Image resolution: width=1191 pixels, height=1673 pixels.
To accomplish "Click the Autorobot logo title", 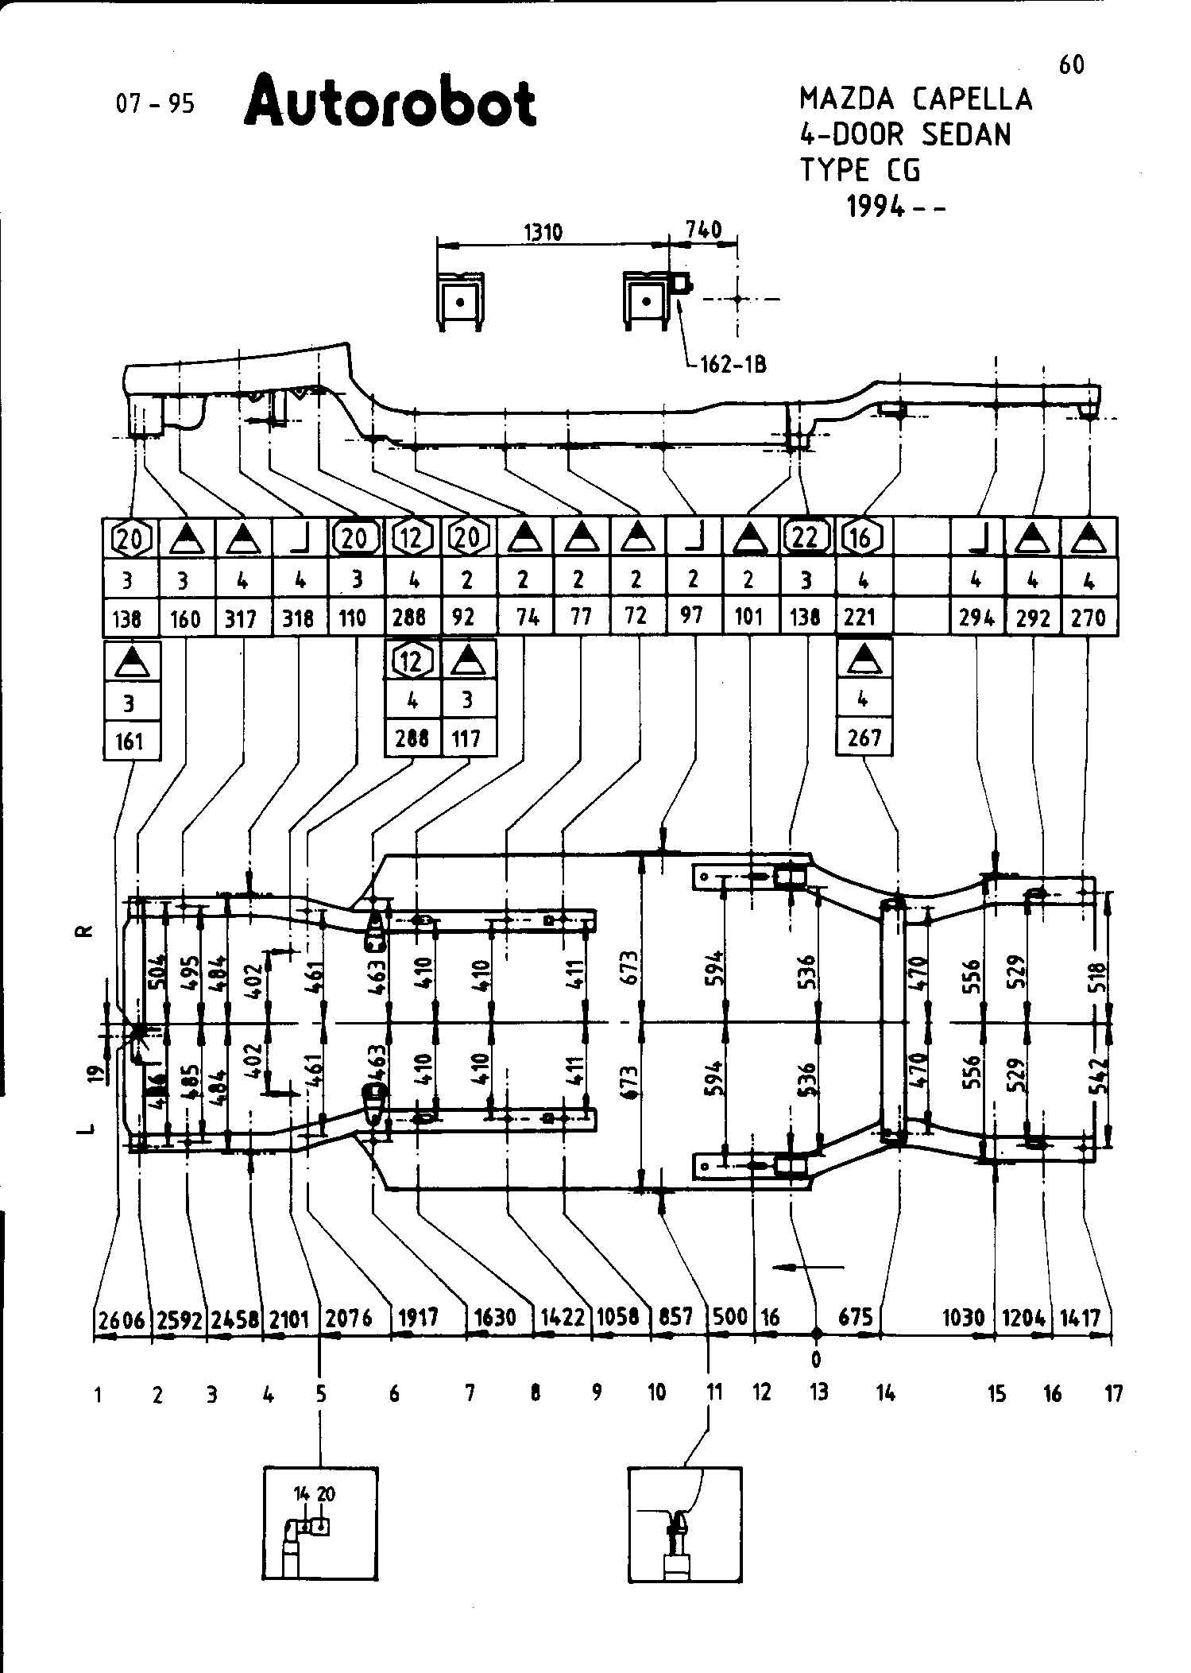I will click(x=390, y=101).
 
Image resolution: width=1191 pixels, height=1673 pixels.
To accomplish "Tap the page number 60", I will click(x=1072, y=64).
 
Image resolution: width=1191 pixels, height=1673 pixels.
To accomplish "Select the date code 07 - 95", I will click(x=155, y=104).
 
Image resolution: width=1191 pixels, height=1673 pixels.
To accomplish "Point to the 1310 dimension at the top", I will click(x=543, y=232).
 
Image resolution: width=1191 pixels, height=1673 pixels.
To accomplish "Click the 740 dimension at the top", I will click(x=703, y=230).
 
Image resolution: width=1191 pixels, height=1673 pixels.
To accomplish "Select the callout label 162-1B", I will click(x=733, y=366).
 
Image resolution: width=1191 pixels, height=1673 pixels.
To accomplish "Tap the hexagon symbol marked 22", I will click(x=806, y=537).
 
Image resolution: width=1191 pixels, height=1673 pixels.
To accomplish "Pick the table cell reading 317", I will click(x=242, y=617).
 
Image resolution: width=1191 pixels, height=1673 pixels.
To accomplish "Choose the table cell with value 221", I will click(x=860, y=617).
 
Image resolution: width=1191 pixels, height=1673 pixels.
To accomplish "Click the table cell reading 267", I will click(x=864, y=738).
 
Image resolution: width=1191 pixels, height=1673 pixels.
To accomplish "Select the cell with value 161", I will click(x=130, y=741).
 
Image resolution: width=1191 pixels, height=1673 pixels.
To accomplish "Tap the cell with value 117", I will click(x=466, y=738).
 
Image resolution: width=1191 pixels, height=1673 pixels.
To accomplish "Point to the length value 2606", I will click(x=122, y=1319).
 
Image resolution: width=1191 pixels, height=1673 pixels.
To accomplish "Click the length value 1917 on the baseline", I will click(x=418, y=1318).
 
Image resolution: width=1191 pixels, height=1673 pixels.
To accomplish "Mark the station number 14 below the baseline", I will click(x=886, y=1393).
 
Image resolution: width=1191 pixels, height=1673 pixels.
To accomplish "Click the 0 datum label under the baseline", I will click(x=816, y=1360).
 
